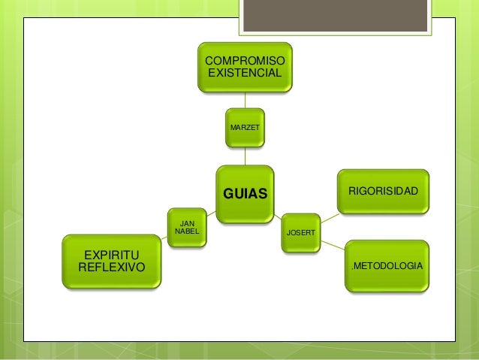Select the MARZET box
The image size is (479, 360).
(x=245, y=128)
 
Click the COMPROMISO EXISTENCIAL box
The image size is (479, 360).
(x=245, y=67)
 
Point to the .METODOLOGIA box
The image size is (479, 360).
(x=387, y=266)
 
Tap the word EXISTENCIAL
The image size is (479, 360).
(x=245, y=74)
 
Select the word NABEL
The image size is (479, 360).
(x=185, y=231)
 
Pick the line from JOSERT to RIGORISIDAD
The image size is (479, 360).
(x=332, y=213)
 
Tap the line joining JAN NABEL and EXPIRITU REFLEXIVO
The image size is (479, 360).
(x=164, y=238)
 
